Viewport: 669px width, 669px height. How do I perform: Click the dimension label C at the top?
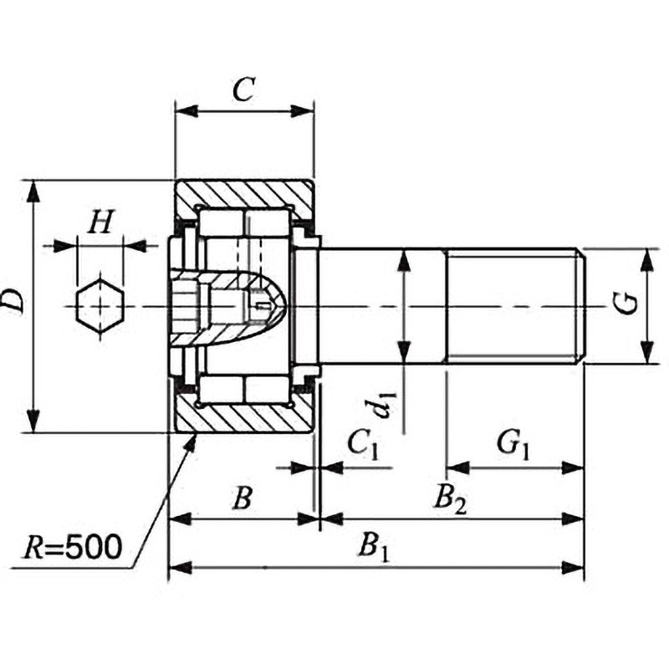(243, 89)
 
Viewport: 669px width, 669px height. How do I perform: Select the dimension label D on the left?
(13, 301)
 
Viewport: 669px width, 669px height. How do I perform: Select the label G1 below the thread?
(513, 443)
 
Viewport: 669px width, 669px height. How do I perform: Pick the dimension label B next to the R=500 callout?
(242, 498)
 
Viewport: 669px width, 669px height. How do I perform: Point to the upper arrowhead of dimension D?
(33, 191)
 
